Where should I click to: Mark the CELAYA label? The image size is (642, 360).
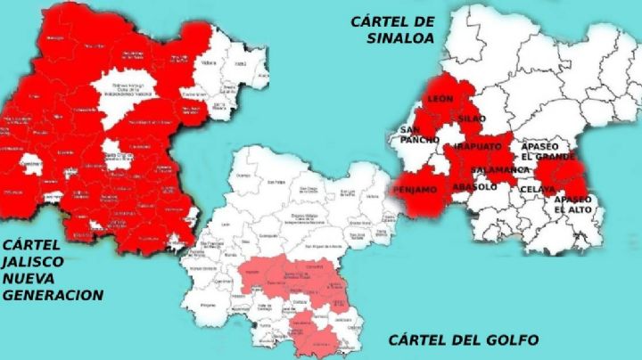coord(536,188)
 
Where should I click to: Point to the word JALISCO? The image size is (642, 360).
coord(32,262)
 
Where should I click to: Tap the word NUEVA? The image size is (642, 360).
coord(28,278)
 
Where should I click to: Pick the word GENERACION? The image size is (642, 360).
coord(53,295)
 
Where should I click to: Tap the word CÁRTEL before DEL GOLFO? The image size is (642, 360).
coord(414,340)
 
